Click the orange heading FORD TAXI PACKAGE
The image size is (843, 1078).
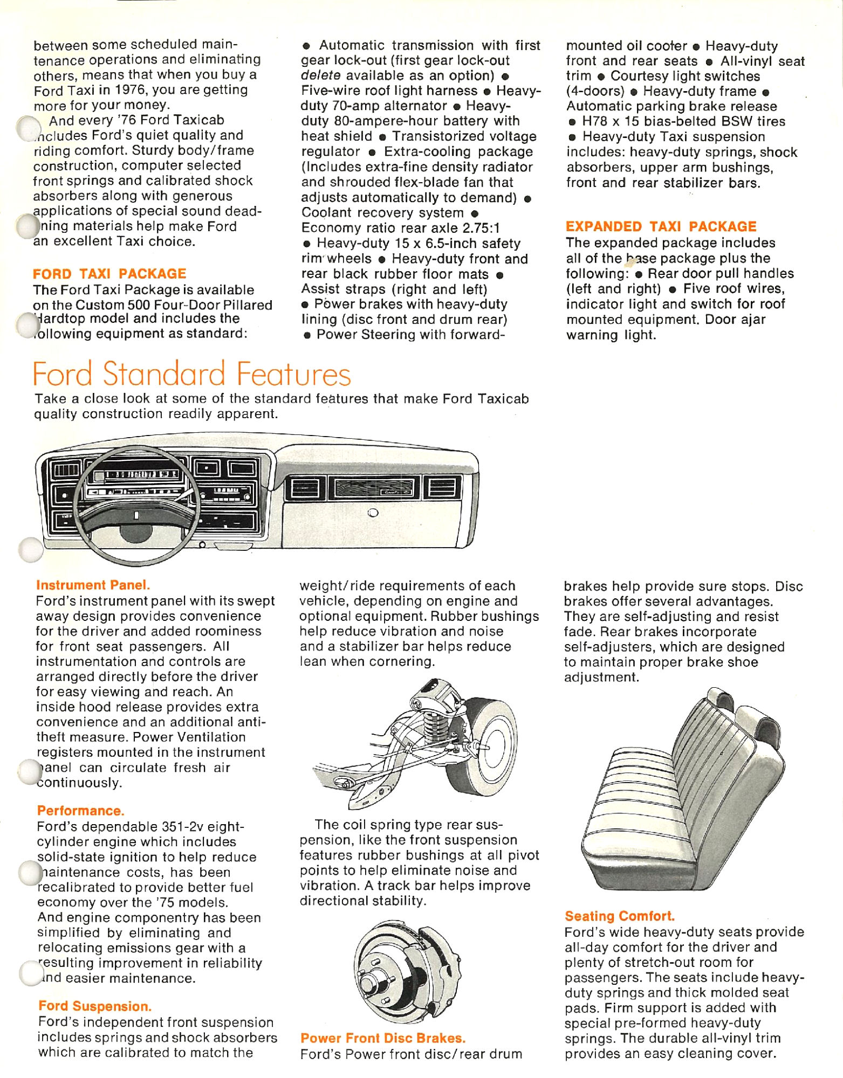[109, 274]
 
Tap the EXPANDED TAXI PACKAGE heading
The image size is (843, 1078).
[661, 226]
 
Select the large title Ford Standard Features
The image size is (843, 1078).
[191, 374]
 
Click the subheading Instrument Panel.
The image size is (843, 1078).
[93, 585]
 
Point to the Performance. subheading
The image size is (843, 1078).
[80, 811]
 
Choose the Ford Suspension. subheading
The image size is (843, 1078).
[95, 1006]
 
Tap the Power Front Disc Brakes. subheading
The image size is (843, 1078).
[383, 1038]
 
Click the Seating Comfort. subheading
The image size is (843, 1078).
[620, 916]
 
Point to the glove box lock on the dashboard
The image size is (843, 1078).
[373, 513]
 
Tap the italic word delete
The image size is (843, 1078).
[320, 75]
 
